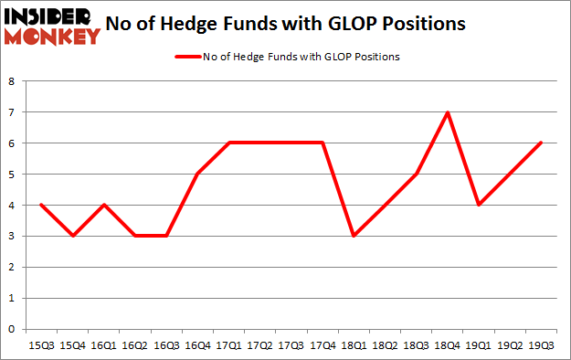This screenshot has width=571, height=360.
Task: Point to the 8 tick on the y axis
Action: [12, 80]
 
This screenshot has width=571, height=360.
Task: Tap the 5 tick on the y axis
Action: [12, 174]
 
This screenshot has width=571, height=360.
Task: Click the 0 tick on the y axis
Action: [12, 329]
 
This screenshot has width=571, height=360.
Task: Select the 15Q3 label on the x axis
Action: [42, 345]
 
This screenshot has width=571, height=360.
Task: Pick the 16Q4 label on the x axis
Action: [197, 345]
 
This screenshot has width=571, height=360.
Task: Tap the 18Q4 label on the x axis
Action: [448, 345]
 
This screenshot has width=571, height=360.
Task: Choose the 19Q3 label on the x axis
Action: [542, 345]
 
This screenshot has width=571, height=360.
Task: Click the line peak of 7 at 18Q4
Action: [448, 112]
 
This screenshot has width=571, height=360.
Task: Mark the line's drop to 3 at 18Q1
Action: [354, 236]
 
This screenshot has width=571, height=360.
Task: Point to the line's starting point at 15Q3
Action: [42, 205]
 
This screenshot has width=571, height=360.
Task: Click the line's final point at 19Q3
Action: [542, 143]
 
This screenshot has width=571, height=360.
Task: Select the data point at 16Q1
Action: [104, 205]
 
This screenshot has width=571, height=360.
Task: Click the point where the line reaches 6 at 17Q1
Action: [229, 143]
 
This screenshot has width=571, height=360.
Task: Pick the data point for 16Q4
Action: [197, 174]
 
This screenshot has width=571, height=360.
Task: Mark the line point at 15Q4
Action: [73, 236]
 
